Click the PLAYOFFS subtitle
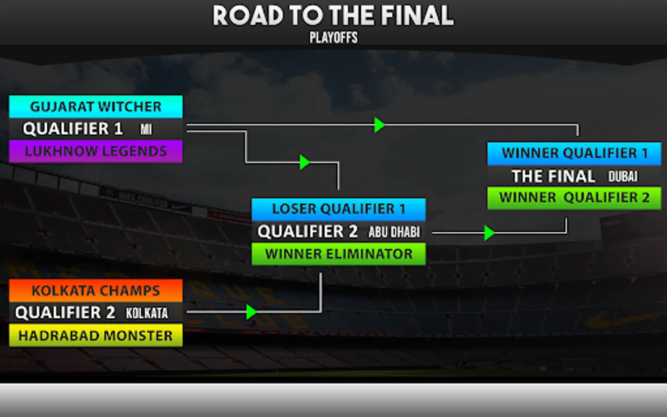(x=333, y=38)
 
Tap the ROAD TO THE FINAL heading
(x=333, y=16)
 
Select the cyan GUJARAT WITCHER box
(x=96, y=107)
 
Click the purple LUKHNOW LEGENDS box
(x=96, y=151)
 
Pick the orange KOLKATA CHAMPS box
(x=96, y=291)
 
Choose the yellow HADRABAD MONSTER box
(x=96, y=335)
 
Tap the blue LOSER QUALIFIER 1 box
(x=339, y=209)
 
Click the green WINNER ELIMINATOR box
(x=339, y=254)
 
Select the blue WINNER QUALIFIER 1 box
(x=574, y=153)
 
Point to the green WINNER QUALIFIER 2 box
(x=574, y=197)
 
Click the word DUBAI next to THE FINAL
(x=623, y=176)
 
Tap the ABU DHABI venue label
(x=394, y=232)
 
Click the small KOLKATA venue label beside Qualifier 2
(x=147, y=313)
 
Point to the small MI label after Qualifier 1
(x=146, y=129)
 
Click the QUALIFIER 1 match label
(x=73, y=129)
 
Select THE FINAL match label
(x=553, y=176)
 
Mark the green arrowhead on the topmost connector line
(x=379, y=125)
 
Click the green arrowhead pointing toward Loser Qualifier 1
(x=304, y=162)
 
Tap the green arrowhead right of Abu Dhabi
(x=489, y=233)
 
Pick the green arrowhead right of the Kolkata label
(x=251, y=312)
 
